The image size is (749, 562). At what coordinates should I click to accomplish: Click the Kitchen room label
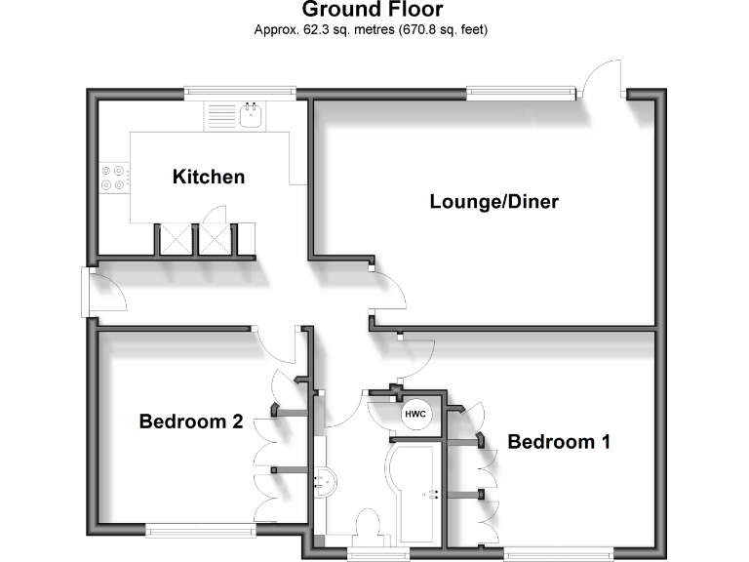coord(208,177)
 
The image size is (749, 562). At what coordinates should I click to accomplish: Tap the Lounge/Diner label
coord(493,202)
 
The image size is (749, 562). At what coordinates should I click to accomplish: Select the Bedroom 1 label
coord(559,442)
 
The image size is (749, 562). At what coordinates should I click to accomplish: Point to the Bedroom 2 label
coord(190,421)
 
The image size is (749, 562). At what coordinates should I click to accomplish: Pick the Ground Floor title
coord(372,10)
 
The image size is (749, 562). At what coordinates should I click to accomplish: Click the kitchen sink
coord(251,116)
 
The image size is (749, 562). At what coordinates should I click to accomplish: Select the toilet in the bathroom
coord(370,523)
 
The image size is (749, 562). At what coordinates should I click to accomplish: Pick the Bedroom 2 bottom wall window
coord(200,530)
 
